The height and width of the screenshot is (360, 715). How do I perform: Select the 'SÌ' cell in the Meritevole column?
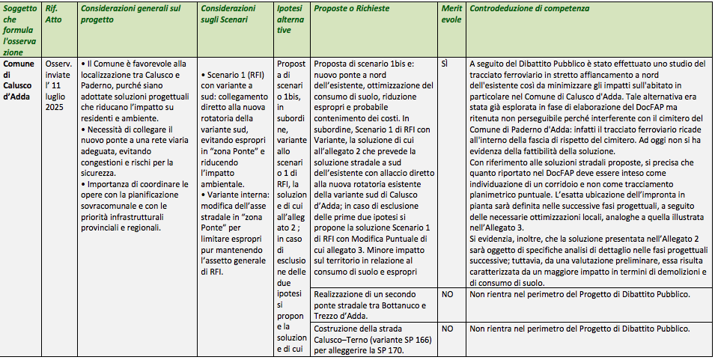(445, 64)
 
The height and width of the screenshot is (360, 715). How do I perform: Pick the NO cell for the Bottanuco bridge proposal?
(447, 295)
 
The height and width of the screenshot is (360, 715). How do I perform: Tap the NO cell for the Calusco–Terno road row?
(447, 328)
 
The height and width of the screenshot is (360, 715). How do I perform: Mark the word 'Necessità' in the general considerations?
(108, 129)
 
